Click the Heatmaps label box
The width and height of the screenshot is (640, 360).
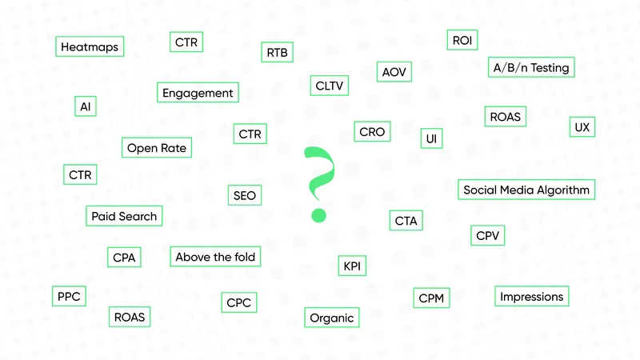90,46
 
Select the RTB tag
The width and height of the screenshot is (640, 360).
277,52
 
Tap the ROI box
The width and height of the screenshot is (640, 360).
462,40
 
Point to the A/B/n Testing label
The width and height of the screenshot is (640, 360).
531,67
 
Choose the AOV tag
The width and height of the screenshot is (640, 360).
394,72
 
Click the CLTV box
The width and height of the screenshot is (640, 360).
330,86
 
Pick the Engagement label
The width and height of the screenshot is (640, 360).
198,93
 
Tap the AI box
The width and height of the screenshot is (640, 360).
86,106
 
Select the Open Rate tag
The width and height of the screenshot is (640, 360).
157,148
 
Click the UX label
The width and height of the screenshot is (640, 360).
582,127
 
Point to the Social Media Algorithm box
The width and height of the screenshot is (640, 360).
526,190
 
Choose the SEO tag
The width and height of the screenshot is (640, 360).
245,195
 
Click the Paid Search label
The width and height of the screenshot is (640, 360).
124,216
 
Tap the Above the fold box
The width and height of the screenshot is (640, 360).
215,257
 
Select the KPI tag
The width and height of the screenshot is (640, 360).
352,266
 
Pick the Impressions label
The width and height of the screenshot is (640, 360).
531,296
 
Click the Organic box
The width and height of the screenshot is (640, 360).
331,318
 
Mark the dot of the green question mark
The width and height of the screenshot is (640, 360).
318,215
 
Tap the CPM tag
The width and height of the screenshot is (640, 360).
431,298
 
